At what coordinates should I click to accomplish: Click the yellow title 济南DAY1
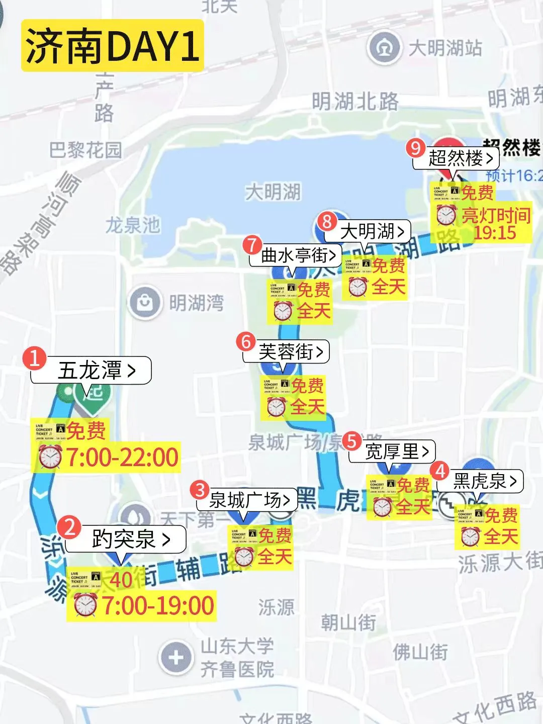click(x=112, y=46)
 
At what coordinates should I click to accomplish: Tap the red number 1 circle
click(x=35, y=358)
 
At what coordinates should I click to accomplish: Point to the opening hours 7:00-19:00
click(x=158, y=605)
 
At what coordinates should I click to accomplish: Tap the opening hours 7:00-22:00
click(x=122, y=457)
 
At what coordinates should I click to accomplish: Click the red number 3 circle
click(x=200, y=490)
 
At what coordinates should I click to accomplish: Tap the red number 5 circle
click(x=352, y=441)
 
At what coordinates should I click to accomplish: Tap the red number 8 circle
click(x=327, y=221)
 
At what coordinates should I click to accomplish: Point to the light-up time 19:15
click(x=495, y=233)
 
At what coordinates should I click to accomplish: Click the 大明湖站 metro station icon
click(x=385, y=48)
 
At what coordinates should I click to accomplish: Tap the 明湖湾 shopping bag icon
click(x=145, y=303)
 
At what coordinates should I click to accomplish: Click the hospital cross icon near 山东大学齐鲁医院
click(x=175, y=657)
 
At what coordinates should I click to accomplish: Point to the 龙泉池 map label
click(x=133, y=225)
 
